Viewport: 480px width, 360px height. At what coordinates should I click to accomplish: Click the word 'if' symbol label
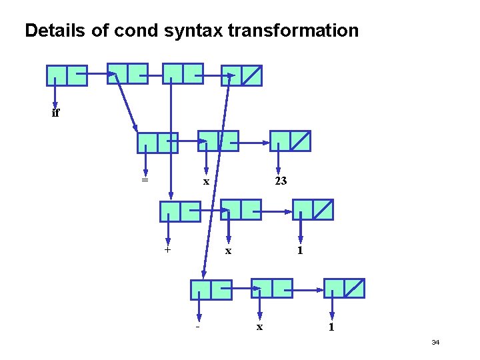[x=55, y=113]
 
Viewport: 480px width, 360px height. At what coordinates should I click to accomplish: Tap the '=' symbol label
[x=144, y=179]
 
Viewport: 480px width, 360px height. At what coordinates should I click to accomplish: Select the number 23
[x=281, y=181]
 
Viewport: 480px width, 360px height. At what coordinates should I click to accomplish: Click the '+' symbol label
[x=167, y=250]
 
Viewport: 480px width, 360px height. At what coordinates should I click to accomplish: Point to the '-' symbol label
[x=198, y=327]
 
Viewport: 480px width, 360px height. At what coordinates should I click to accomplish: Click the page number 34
[x=435, y=343]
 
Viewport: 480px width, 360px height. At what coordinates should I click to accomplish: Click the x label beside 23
[x=207, y=181]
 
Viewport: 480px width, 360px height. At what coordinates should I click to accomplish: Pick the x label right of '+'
[x=229, y=251]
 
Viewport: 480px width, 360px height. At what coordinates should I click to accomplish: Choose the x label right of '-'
[x=260, y=327]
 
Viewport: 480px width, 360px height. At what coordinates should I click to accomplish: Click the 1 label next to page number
[x=331, y=327]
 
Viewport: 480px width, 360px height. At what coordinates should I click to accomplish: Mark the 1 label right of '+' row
[x=301, y=251]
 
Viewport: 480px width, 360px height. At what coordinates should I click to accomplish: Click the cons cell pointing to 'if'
[x=67, y=75]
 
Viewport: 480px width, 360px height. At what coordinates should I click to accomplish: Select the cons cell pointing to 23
[x=290, y=141]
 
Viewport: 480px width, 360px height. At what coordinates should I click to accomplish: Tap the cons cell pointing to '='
[x=157, y=143]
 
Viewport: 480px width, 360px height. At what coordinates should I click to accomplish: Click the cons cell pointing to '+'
[x=180, y=211]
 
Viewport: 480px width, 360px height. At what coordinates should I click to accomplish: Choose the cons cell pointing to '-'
[x=211, y=289]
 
